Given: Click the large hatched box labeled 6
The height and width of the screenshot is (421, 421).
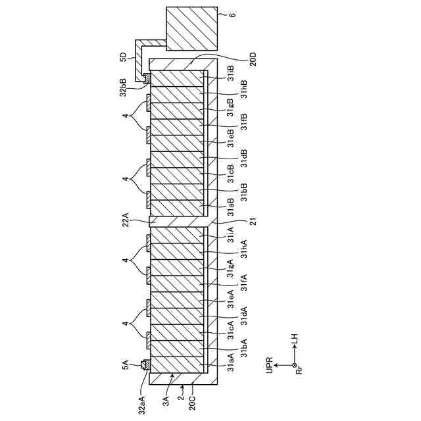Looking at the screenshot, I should pyautogui.click(x=190, y=28).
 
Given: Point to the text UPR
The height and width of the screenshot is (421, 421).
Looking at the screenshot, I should pyautogui.click(x=269, y=364).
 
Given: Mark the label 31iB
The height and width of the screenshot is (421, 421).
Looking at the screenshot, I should pyautogui.click(x=230, y=72).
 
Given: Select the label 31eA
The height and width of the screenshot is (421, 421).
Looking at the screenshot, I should pyautogui.click(x=230, y=300).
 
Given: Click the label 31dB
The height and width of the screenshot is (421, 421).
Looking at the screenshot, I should pyautogui.click(x=243, y=156).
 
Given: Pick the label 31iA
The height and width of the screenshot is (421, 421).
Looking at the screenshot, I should pyautogui.click(x=230, y=236).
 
